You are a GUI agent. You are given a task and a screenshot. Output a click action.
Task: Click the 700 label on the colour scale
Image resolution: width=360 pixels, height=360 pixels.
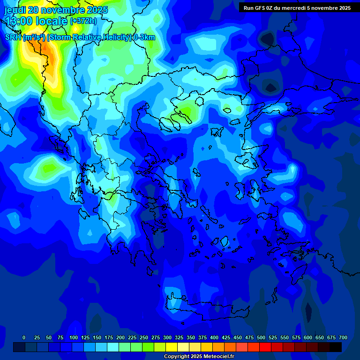point(343,337)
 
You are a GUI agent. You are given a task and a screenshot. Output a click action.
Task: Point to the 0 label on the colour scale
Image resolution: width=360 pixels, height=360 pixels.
point(24,337)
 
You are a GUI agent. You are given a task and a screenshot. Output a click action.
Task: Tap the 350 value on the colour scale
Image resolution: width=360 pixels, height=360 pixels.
point(191,337)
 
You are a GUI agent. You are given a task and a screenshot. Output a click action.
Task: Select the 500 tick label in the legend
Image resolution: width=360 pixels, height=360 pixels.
point(261,337)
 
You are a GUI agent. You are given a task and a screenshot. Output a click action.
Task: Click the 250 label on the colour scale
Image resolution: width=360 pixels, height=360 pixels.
point(144,337)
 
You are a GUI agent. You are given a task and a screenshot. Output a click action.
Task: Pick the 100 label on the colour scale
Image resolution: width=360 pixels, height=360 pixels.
point(74,337)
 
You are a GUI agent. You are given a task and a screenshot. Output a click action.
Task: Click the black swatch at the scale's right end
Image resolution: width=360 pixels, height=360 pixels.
point(336,347)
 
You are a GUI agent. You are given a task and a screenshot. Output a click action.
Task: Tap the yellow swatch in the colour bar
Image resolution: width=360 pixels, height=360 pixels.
point(172,347)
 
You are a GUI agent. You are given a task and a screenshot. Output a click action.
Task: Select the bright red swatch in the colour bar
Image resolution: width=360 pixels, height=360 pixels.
point(265,347)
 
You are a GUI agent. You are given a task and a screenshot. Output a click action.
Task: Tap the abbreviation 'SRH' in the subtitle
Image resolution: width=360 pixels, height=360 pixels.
point(13,37)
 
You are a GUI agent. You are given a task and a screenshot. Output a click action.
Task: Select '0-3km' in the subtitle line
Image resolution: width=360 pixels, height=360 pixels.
point(144,37)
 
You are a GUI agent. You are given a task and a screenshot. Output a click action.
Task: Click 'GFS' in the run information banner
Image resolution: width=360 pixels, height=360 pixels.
point(265,8)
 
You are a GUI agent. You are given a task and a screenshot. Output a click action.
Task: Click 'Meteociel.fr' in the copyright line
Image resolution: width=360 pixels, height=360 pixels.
point(214,357)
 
